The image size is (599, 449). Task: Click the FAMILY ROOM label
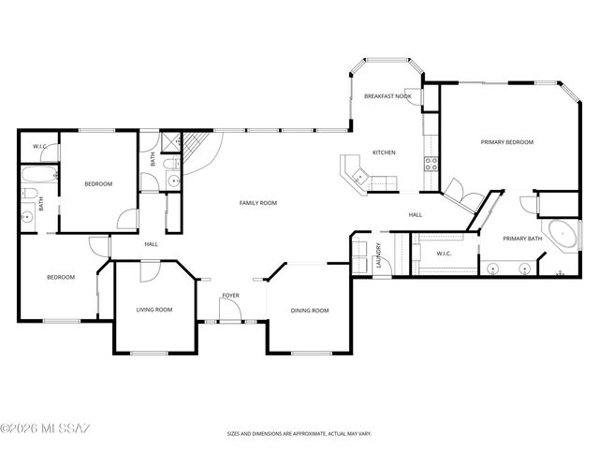point(258,203)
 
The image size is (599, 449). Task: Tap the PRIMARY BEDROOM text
point(506,142)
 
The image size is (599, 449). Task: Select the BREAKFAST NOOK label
point(387,96)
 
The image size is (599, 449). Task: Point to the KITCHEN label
point(385,152)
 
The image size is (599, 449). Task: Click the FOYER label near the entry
point(230,296)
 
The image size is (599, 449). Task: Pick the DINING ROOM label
point(309,311)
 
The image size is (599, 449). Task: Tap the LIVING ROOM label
point(154,310)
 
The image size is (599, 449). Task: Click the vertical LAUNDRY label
point(378,255)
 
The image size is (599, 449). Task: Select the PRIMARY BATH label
point(522,239)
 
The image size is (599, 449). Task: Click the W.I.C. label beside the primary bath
point(446,253)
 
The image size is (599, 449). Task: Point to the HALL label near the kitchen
point(416,215)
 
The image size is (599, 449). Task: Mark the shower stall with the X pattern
point(168,142)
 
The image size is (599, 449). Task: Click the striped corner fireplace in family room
point(194,150)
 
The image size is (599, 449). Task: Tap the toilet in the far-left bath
point(27,196)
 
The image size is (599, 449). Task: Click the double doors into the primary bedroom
point(459,191)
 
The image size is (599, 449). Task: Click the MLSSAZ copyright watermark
point(45,428)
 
